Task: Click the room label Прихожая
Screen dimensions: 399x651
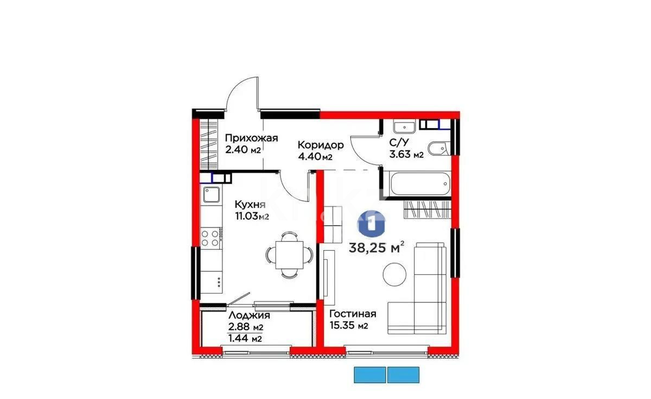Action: point(251,138)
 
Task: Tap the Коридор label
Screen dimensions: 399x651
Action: point(321,145)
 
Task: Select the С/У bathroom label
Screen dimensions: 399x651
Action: point(399,143)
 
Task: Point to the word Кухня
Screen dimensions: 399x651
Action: point(250,205)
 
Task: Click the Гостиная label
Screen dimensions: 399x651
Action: point(353,314)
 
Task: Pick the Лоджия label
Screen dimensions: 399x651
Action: point(249,315)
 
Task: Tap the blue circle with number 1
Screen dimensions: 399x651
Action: point(371,223)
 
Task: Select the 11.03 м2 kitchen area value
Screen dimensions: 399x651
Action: point(252,217)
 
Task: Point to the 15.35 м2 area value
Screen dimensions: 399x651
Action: point(349,326)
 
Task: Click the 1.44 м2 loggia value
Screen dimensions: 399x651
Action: point(246,339)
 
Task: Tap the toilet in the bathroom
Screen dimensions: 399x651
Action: point(437,148)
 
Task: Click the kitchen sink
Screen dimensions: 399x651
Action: point(211,194)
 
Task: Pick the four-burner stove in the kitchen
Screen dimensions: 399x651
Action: point(210,237)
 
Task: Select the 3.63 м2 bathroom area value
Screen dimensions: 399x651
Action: point(406,154)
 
